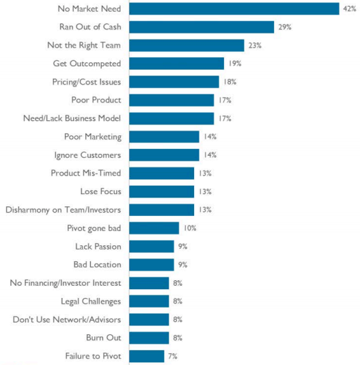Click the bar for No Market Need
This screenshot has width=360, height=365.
click(x=234, y=9)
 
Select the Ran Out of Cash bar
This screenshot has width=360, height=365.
click(x=202, y=27)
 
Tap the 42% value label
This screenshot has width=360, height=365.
click(x=350, y=9)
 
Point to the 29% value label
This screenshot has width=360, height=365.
click(x=285, y=27)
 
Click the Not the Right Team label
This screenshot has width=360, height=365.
click(x=84, y=45)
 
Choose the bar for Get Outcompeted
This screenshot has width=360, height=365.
click(x=177, y=64)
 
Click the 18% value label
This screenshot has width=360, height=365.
click(x=230, y=82)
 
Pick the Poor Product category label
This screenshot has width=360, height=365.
click(x=96, y=100)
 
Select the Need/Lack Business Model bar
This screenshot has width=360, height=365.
click(x=171, y=118)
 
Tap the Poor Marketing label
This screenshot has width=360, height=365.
click(x=93, y=137)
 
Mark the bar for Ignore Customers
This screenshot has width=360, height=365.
click(x=165, y=155)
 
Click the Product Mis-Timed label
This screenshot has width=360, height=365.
click(x=86, y=173)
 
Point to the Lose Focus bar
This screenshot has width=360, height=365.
click(x=162, y=191)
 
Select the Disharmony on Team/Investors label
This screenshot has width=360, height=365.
click(x=64, y=210)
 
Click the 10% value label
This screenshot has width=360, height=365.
click(x=190, y=228)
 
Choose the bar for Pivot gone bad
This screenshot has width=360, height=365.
click(x=154, y=228)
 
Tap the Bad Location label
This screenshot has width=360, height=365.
click(x=97, y=265)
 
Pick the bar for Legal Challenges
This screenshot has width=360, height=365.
click(x=149, y=301)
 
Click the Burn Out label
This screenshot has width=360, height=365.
click(x=104, y=338)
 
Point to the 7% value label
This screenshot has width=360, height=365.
click(x=173, y=356)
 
